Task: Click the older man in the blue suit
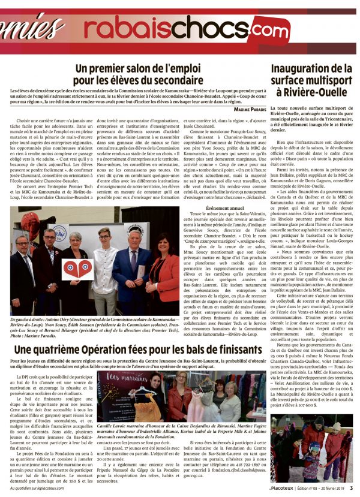131,270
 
